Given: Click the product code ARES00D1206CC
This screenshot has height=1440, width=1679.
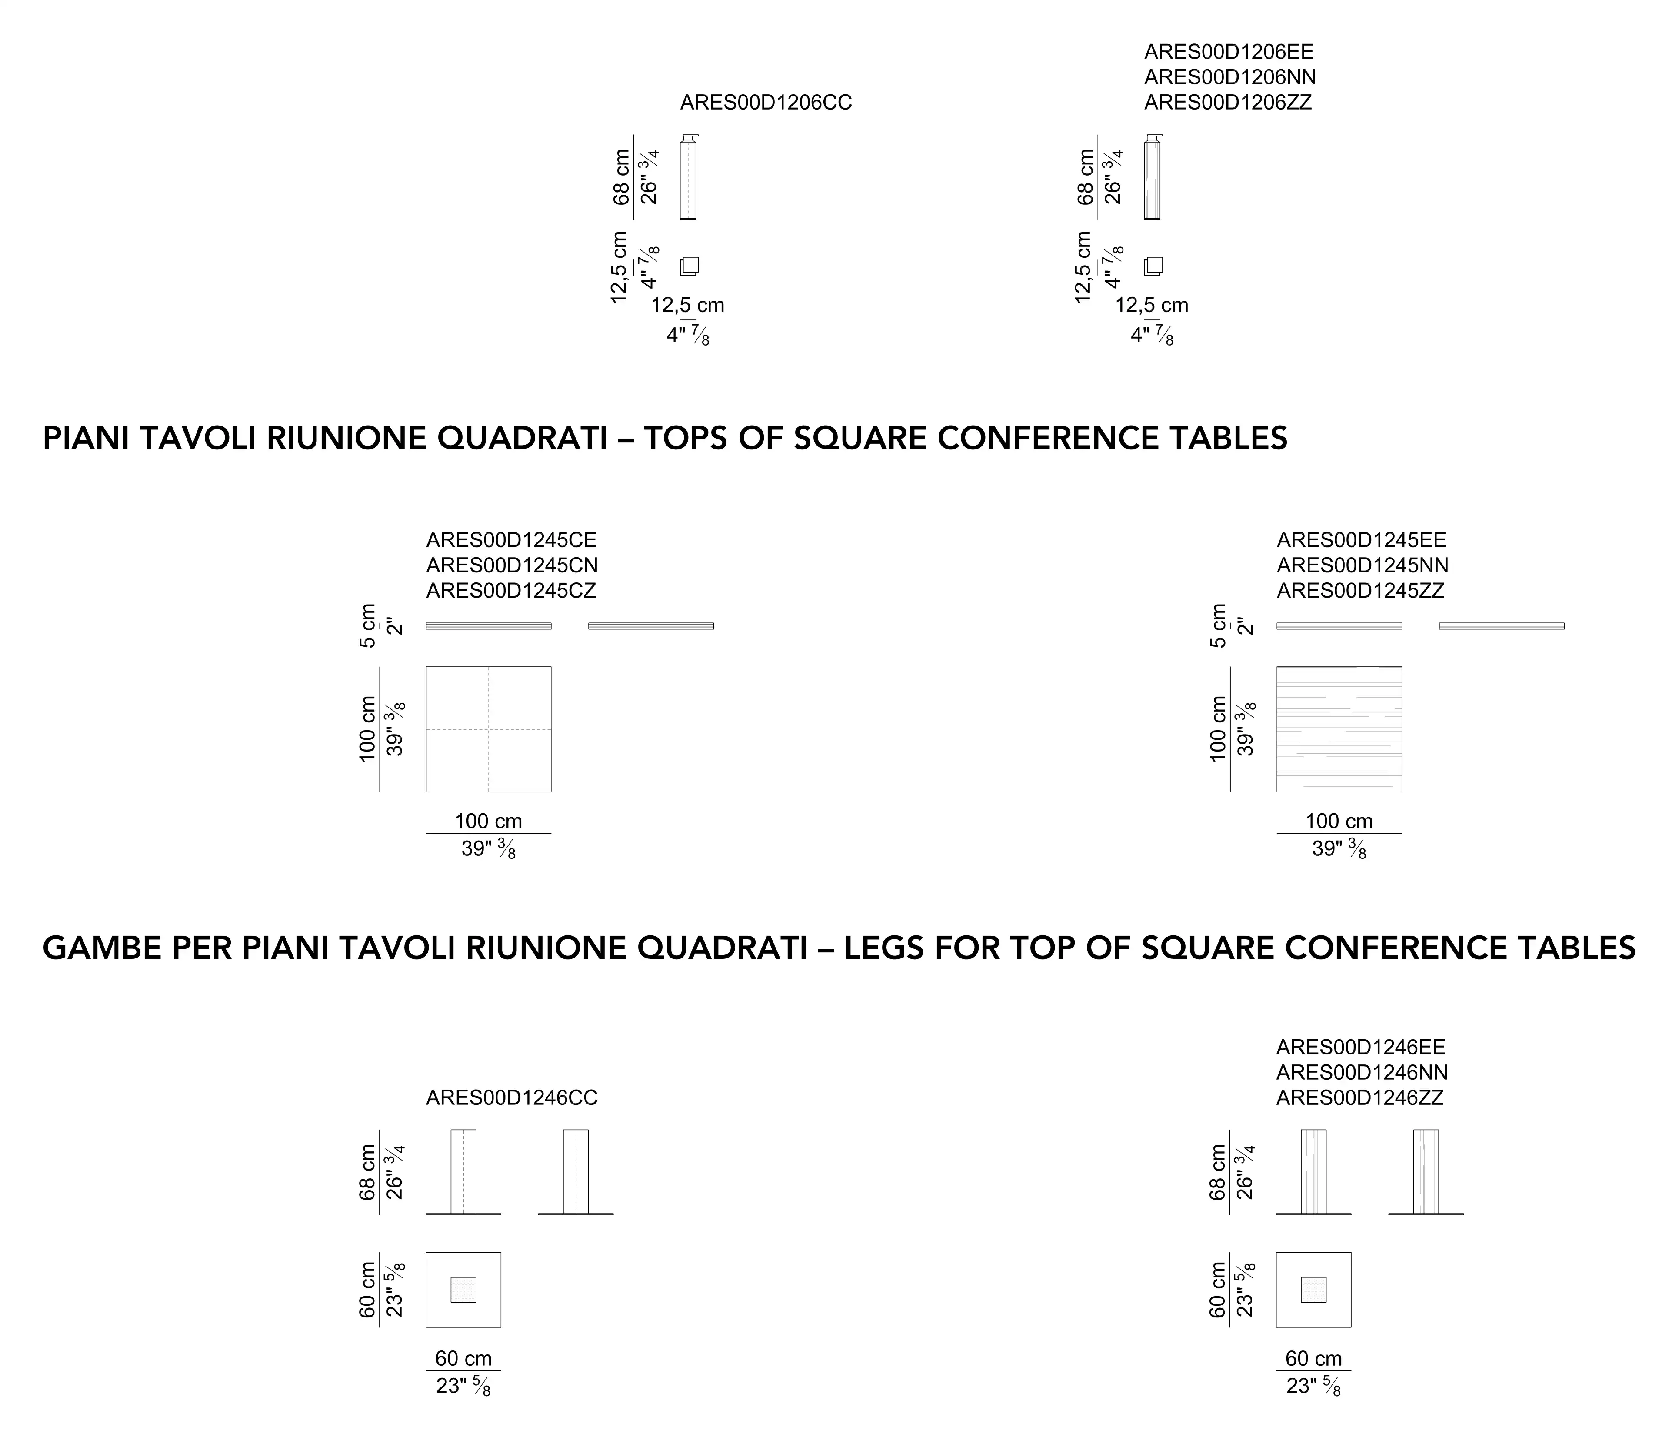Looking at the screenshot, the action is (x=766, y=103).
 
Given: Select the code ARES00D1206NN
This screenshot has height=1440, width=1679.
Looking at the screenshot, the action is (x=1230, y=77).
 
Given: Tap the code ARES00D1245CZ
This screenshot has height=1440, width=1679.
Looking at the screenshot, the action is (x=511, y=591).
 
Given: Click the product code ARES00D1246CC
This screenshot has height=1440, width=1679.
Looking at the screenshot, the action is (x=512, y=1098).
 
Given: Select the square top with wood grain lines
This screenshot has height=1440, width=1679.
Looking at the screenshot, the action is (x=1339, y=729).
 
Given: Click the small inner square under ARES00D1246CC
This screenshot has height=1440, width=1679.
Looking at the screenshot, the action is (x=463, y=1290).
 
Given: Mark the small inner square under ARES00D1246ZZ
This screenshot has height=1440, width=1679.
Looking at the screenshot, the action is (x=1313, y=1290).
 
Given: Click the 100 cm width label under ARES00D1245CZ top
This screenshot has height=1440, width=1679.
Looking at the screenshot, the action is (x=489, y=821).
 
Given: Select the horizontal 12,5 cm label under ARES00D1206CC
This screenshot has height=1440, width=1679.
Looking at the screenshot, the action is (x=688, y=306).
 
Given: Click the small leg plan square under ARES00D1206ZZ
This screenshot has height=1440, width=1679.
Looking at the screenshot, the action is (x=1153, y=266).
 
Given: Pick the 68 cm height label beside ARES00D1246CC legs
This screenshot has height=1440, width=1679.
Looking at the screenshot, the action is (x=368, y=1173).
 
